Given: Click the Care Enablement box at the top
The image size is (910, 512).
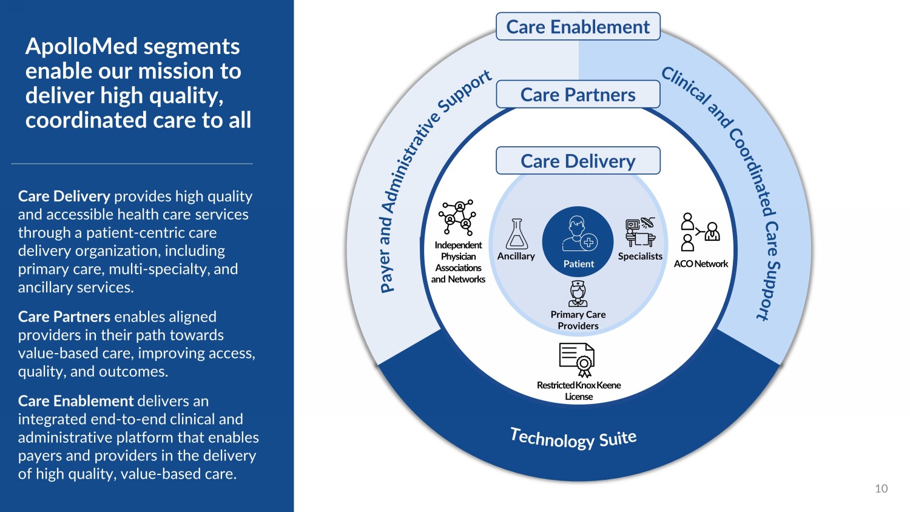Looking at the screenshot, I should click(578, 27).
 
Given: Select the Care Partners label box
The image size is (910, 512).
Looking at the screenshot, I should click(578, 95).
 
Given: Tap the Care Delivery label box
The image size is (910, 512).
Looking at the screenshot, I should click(578, 161).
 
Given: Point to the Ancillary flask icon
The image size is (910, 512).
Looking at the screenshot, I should click(517, 234).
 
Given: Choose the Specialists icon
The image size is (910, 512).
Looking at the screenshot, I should click(640, 232).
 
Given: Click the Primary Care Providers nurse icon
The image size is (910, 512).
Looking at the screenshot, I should click(578, 294).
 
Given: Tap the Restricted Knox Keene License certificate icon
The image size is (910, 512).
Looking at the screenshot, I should click(577, 360).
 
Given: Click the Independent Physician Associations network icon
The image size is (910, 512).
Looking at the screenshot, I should click(458, 218).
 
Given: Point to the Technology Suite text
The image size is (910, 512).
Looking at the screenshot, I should click(573, 437).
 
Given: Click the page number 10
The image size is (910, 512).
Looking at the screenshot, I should click(881, 488).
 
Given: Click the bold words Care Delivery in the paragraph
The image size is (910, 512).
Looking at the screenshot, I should click(64, 197).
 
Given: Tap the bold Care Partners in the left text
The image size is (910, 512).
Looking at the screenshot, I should click(64, 317).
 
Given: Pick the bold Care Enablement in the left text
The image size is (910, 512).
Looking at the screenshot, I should click(75, 401).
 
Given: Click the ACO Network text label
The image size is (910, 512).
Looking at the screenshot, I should click(701, 264).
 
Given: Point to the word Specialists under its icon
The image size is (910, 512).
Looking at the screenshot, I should click(640, 256).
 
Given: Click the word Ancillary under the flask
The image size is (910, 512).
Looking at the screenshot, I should click(516, 256).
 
